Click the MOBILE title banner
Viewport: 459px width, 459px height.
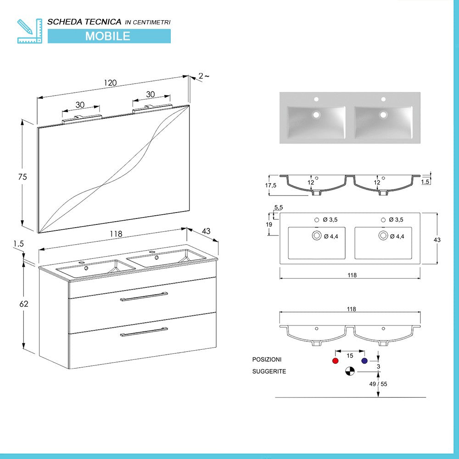click(109, 36)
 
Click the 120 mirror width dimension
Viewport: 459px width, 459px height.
click(110, 83)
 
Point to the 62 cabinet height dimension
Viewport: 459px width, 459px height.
click(24, 304)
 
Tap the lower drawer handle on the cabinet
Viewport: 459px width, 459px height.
click(144, 331)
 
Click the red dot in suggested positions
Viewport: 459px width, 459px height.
click(335, 361)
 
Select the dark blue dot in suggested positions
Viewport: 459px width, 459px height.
click(364, 361)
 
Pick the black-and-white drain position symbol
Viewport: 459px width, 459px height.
click(350, 371)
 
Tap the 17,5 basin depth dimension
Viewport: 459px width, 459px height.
click(271, 185)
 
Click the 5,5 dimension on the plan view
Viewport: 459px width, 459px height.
click(278, 208)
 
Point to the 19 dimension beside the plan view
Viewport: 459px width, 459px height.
click(269, 224)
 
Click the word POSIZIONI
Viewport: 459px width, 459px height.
click(267, 359)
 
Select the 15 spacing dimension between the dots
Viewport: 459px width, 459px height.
click(350, 356)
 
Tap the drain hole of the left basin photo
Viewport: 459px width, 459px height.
click(316, 115)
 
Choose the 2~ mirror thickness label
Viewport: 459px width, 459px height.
click(203, 76)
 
